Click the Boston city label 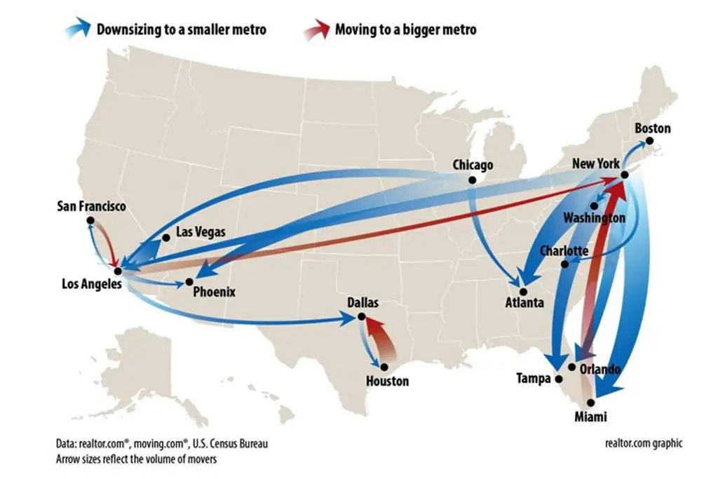point(652,128)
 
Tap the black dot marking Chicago point(472,180)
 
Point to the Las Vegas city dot point(166,238)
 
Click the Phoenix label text point(215,292)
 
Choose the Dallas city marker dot point(362,317)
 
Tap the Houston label point(387,382)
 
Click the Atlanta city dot point(522,290)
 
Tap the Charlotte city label point(564,251)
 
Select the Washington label point(594,218)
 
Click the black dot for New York point(624,175)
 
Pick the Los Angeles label point(91,284)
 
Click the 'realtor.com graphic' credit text point(643,443)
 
